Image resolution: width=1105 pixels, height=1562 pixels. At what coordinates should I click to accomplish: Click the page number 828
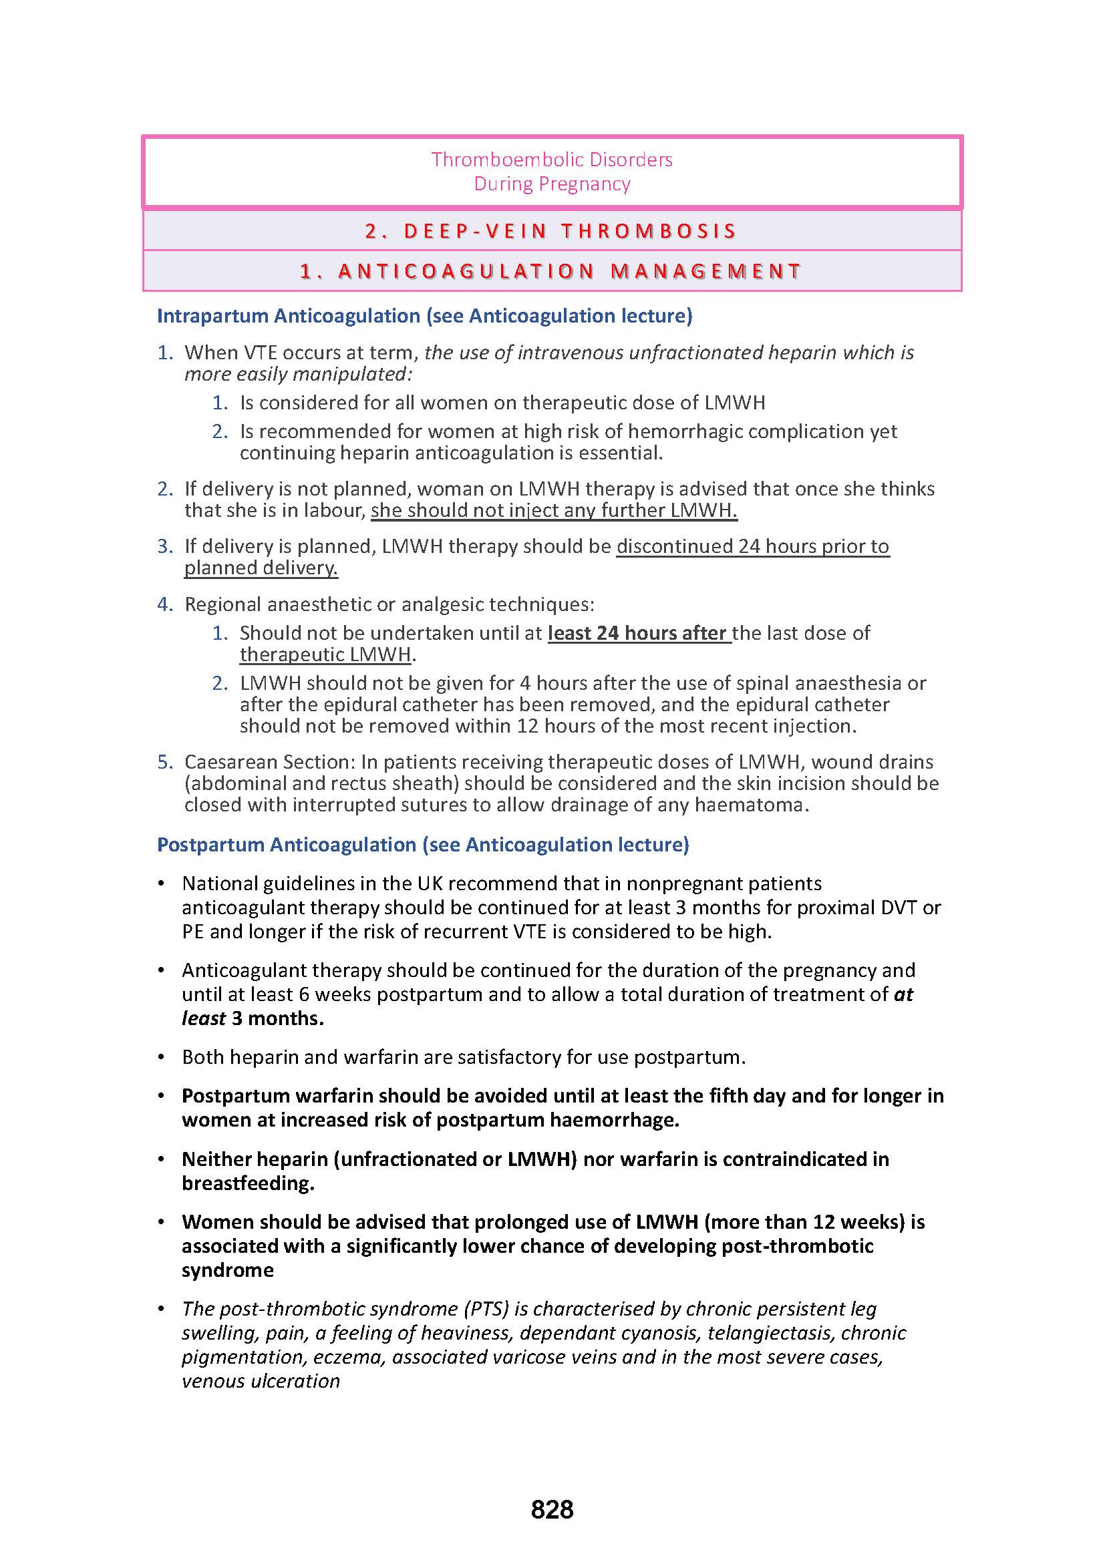(x=552, y=1509)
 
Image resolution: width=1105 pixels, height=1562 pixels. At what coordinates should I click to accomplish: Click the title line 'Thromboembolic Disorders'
(x=552, y=160)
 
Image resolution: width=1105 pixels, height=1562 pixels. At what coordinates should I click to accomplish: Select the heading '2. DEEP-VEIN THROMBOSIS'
(x=552, y=231)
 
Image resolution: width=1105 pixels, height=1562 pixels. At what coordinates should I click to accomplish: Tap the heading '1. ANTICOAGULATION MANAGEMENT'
(x=552, y=271)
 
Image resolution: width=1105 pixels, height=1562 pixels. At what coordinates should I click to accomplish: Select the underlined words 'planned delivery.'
(x=261, y=568)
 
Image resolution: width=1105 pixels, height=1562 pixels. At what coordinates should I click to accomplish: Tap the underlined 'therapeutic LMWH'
(x=325, y=654)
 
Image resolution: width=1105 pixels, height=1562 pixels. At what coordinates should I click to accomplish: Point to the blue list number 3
(x=164, y=546)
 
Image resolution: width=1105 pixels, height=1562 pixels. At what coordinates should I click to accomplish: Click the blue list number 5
(x=164, y=762)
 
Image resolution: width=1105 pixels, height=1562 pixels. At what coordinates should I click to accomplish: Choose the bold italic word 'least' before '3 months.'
(x=204, y=1018)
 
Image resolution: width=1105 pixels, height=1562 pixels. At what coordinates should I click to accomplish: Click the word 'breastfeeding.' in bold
(x=248, y=1183)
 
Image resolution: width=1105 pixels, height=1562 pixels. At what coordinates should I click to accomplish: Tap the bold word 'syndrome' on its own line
(x=227, y=1270)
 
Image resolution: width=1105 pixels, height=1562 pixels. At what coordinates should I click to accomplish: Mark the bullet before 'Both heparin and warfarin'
(x=161, y=1057)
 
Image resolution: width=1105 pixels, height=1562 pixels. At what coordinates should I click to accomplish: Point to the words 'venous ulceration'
(x=261, y=1381)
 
